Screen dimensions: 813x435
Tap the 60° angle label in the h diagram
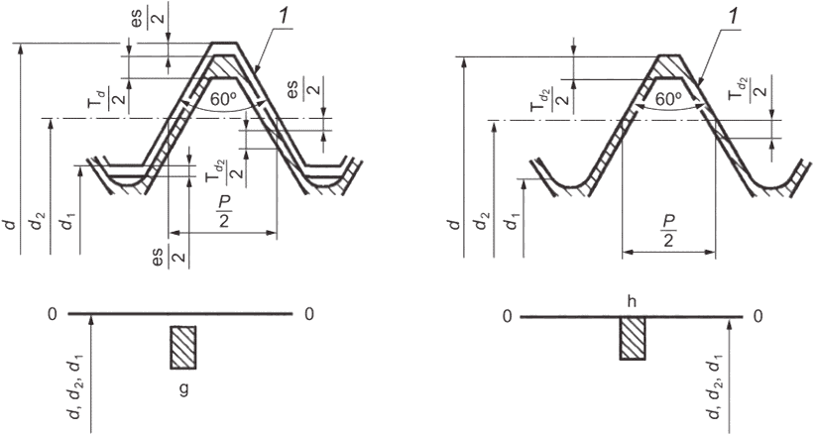(668, 100)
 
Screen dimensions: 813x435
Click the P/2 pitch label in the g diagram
(223, 212)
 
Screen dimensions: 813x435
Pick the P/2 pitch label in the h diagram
(668, 231)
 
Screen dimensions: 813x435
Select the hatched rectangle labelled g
(183, 348)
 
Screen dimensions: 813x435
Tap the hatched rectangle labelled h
(633, 338)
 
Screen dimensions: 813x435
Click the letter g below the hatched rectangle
(183, 389)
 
